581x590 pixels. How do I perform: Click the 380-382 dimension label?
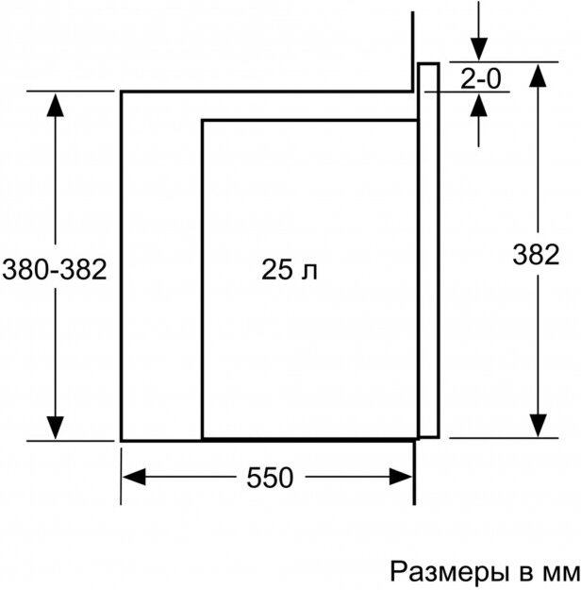pos(55,271)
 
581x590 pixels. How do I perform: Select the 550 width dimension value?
pos(270,478)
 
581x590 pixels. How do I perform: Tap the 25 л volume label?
pos(290,272)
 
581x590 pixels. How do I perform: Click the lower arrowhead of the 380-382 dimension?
pos(57,427)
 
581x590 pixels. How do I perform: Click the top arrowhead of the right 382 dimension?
pos(539,77)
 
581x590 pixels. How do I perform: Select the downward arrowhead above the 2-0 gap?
pos(479,51)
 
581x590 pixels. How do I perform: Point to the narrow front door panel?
pos(428,250)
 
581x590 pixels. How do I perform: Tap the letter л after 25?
pos(310,273)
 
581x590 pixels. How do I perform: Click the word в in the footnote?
pos(520,572)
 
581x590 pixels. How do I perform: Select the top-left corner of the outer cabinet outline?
pos(122,92)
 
